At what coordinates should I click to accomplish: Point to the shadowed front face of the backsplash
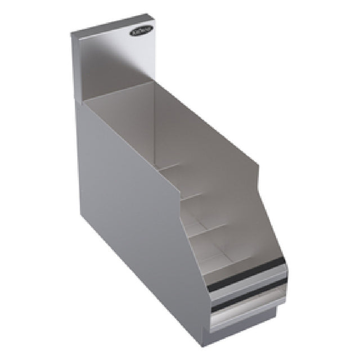pos(112,62)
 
